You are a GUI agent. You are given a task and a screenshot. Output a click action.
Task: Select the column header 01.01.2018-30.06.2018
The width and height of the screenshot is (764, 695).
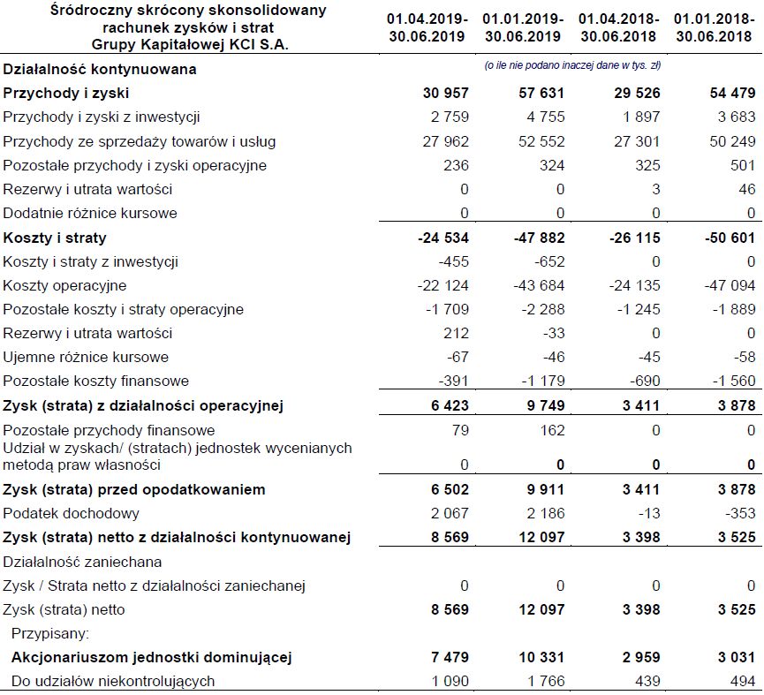coord(714,26)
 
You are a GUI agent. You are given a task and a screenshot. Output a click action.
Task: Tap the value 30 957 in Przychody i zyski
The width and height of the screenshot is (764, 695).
coord(446,93)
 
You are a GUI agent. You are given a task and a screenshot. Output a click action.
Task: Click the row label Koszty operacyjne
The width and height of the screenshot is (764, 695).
coord(64,285)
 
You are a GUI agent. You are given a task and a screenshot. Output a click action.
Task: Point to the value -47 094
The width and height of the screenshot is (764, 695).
coord(731,285)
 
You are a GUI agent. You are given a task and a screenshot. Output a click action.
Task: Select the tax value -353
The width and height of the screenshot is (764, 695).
coord(741,513)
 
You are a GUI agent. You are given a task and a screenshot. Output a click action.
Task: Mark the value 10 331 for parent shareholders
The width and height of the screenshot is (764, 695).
coord(540,657)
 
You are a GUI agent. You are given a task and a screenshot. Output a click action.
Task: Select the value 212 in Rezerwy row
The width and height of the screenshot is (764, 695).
coord(457,334)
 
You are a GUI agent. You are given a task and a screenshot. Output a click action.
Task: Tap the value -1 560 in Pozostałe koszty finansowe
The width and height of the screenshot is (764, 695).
coord(734,381)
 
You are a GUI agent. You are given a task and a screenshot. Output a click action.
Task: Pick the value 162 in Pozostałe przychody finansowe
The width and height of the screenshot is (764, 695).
coord(547,431)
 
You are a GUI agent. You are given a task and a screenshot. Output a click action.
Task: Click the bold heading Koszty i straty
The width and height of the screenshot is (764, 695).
coord(55,238)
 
